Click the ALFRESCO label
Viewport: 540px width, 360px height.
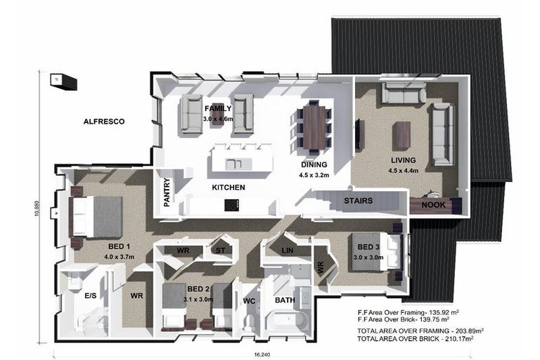pos(104,122)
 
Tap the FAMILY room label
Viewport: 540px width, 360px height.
pos(218,109)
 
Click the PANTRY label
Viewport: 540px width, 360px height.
pos(167,192)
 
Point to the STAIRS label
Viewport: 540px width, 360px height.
pos(358,201)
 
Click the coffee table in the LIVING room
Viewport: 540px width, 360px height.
pos(401,135)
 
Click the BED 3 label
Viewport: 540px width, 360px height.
pos(368,247)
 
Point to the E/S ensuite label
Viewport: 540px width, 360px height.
pos(90,297)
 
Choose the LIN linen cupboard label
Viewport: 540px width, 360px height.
pos(286,251)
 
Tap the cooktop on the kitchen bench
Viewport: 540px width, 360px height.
pos(231,205)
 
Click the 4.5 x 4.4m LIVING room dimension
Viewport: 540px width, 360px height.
pos(404,169)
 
